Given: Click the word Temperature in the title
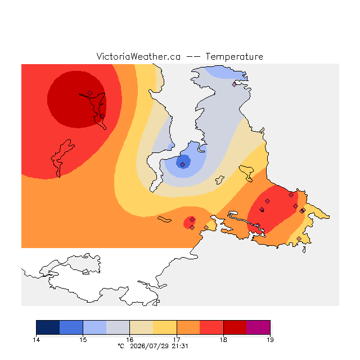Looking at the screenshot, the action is point(234,56).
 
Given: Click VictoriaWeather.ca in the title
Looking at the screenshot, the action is point(138,56).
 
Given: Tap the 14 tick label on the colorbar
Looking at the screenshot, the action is point(36,340).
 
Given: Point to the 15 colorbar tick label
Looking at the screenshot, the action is point(83,340).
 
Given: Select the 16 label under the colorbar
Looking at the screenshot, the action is point(130,340).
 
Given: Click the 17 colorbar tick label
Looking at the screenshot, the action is point(177,340).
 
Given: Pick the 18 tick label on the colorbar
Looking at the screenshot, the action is point(223,340).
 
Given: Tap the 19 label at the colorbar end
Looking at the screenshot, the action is point(270,340).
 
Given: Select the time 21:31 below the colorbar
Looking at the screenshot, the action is point(180,346).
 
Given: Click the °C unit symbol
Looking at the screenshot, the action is point(121,346).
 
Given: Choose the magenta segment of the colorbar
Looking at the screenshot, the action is point(258,327).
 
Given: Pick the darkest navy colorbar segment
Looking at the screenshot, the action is point(48,327).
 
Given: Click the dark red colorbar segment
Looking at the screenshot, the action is point(235,327).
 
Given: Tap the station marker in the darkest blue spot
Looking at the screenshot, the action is point(182,164).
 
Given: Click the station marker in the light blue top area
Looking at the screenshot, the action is point(234,84).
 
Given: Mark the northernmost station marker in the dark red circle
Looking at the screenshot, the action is point(90,93).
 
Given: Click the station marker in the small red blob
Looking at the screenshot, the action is point(192,220).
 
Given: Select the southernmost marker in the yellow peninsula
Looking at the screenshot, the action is point(299,238).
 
